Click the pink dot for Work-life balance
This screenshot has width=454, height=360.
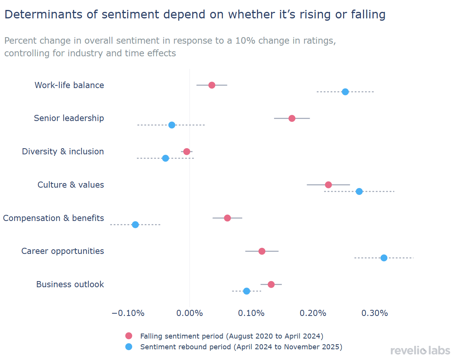tap(212, 85)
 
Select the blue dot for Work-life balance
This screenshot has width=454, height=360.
tap(345, 92)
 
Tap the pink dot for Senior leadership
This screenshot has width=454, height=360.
tap(292, 118)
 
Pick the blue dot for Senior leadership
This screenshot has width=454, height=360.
tap(172, 125)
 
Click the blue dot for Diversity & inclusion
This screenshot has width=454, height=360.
tap(165, 158)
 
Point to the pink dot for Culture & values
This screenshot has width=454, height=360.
tap(328, 185)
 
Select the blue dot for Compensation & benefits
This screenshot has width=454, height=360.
tap(135, 225)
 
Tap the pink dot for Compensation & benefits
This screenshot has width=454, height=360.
tap(227, 218)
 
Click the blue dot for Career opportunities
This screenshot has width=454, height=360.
tap(384, 258)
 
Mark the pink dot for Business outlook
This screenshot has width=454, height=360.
tap(271, 285)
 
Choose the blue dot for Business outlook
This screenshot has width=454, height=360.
tap(247, 291)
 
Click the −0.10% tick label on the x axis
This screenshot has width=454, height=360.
tap(128, 313)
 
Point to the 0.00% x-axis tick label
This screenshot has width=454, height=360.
tap(190, 313)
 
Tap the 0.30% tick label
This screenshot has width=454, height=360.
tap(375, 313)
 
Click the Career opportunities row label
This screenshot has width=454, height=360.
tap(63, 251)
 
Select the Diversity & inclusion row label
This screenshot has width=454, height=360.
tap(63, 152)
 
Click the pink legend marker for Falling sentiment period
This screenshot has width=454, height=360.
tap(129, 336)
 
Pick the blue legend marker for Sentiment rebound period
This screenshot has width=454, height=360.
tap(129, 347)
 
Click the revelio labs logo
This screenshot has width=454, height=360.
tap(420, 350)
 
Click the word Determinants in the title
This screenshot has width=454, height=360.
tap(37, 15)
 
